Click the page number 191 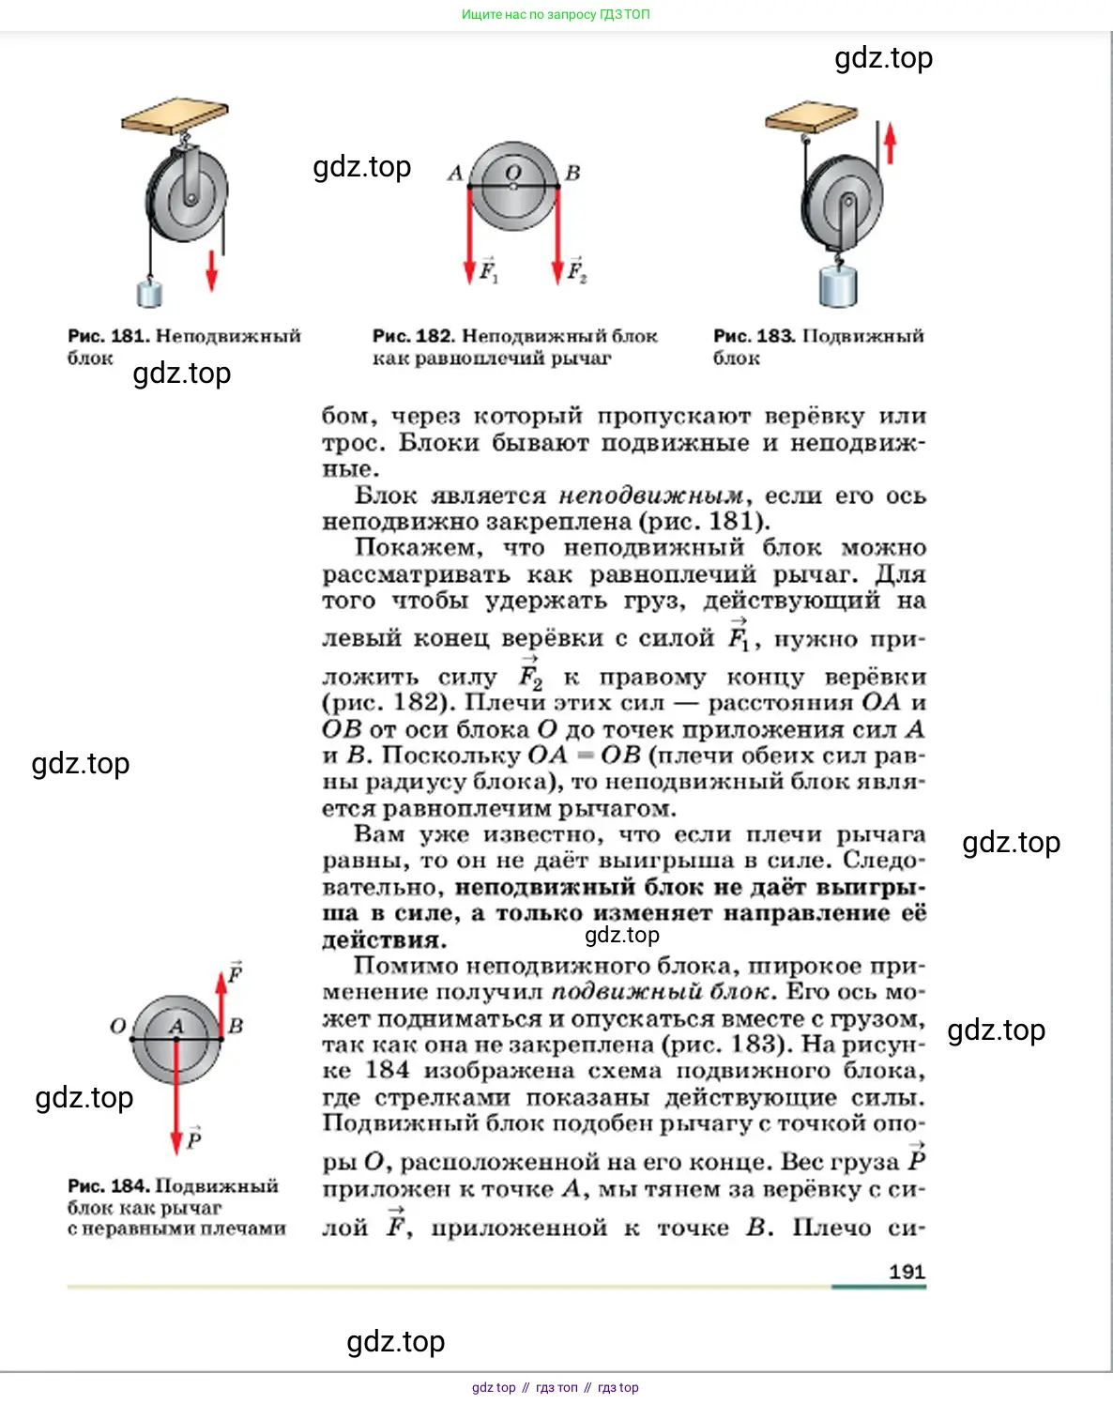coord(907,1272)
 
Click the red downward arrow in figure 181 coord(212,269)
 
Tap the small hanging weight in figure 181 coord(149,293)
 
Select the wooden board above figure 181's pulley coord(175,115)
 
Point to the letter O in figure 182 coord(512,172)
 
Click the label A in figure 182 coord(455,173)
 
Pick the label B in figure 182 coord(572,173)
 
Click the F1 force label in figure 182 coord(489,270)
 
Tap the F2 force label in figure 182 coord(576,270)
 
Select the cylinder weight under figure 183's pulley coord(837,285)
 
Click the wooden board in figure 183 coord(812,117)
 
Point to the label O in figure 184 coord(118,1026)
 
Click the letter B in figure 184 coord(236,1026)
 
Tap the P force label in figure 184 coord(193,1138)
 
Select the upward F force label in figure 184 coord(236,972)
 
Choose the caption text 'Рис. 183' coord(754,336)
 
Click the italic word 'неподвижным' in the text coord(651,496)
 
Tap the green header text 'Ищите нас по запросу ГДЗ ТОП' coord(556,14)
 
